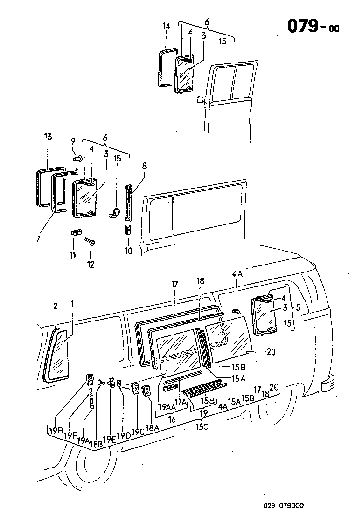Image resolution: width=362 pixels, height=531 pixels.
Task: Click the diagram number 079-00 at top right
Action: pos(313,27)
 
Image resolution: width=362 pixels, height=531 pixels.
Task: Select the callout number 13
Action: pos(48,137)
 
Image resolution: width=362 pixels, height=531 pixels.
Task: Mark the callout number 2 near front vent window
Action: pos(55,306)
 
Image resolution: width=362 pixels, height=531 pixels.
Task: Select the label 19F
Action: pos(70,435)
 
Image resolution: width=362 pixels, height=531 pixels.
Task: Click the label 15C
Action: pos(202,426)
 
